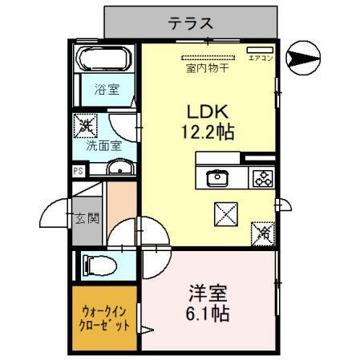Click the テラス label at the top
tap(190, 23)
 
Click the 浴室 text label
tap(107, 89)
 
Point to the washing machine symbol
tap(85, 126)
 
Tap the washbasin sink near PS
tap(121, 168)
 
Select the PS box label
tap(78, 171)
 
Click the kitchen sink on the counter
tap(217, 178)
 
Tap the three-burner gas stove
tap(261, 178)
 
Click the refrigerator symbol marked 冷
tap(264, 233)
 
